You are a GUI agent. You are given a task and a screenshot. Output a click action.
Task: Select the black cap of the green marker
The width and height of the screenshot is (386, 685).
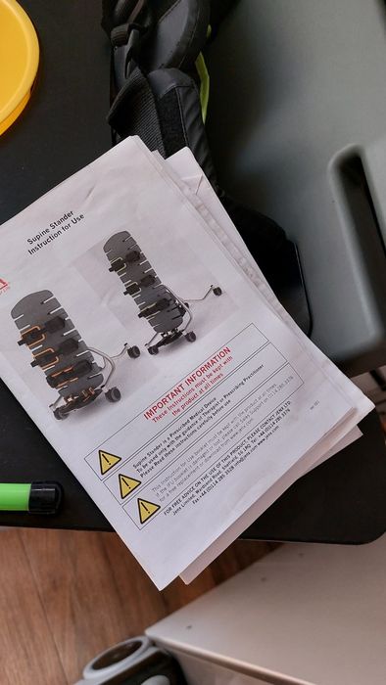pos(45,496)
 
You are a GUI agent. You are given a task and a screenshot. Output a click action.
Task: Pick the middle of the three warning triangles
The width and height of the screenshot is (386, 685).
pos(129,484)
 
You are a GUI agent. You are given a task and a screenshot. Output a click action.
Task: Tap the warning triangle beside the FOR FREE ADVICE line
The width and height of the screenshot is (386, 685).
pos(148,510)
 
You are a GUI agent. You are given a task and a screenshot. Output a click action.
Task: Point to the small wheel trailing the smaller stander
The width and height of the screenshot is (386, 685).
pos(216,291)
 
